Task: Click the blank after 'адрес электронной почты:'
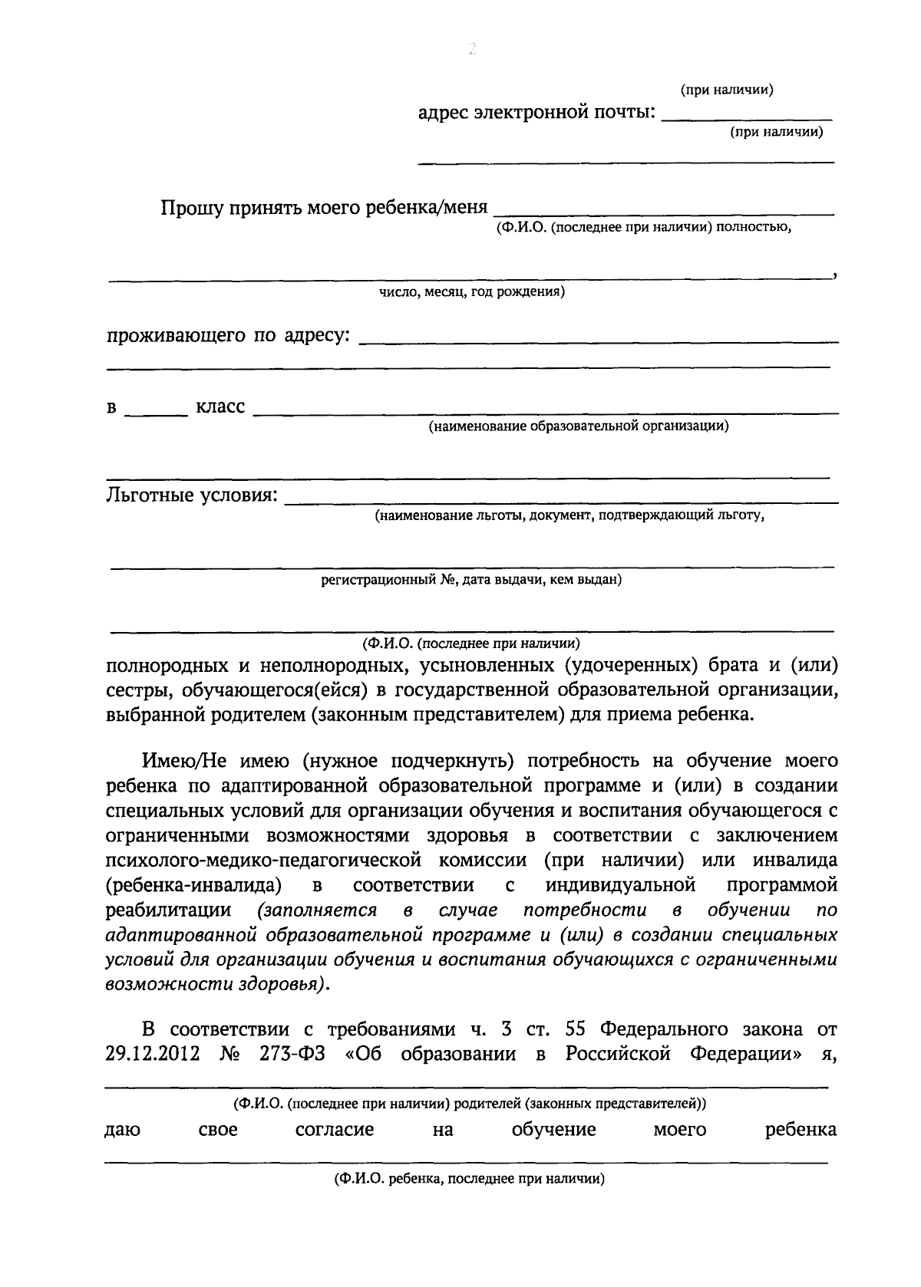746,117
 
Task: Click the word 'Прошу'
190,209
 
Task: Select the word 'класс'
220,407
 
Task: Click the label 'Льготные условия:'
191,495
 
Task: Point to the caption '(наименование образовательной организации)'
578,426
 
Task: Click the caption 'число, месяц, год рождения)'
472,292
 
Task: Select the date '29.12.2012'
152,1054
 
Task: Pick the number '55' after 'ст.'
576,1029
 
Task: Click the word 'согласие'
335,1130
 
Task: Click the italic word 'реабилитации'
168,910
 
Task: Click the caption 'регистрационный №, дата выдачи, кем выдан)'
470,580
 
